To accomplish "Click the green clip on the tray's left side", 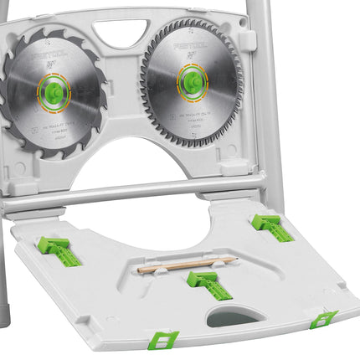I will (59, 251).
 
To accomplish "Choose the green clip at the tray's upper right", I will (271, 226).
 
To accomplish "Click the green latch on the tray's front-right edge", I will (323, 319).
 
